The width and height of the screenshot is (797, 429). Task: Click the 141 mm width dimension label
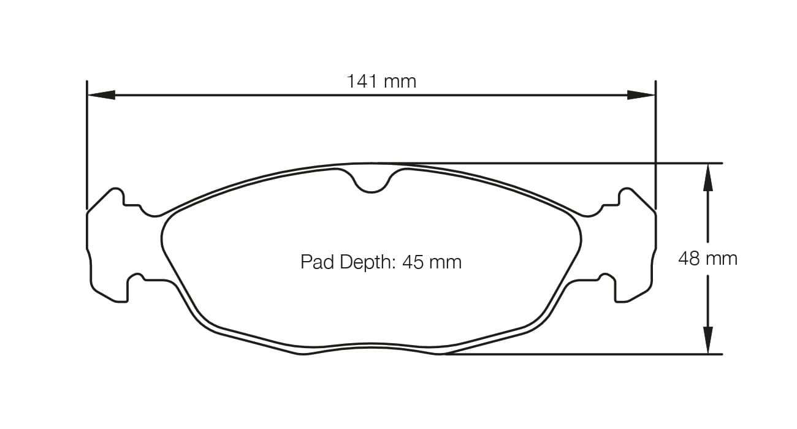pyautogui.click(x=381, y=81)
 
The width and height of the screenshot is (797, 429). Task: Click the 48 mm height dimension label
pyautogui.click(x=707, y=259)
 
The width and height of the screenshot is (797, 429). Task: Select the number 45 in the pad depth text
pyautogui.click(x=413, y=262)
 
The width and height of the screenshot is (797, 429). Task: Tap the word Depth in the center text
pyautogui.click(x=365, y=262)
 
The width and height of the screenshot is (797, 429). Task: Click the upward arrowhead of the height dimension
pyautogui.click(x=707, y=177)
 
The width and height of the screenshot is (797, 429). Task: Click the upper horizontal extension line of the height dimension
pyautogui.click(x=552, y=164)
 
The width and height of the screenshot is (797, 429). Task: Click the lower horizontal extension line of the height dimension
pyautogui.click(x=582, y=354)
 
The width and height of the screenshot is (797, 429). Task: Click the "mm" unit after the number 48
pyautogui.click(x=722, y=259)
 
